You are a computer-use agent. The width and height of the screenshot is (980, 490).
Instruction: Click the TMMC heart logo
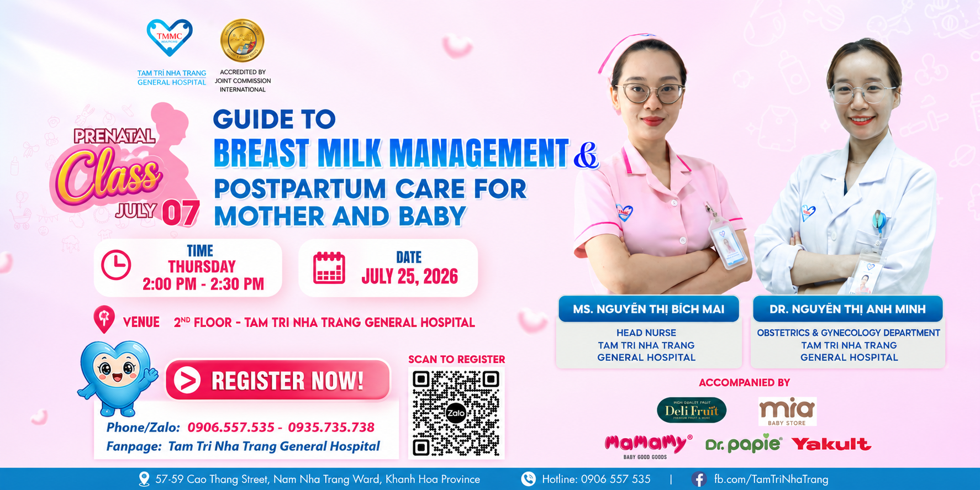[x=170, y=38]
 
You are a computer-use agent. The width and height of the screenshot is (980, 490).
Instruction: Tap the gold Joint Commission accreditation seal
[x=242, y=40]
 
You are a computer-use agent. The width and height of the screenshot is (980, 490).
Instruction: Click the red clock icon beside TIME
[x=116, y=265]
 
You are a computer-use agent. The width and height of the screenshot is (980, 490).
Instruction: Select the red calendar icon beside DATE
[x=329, y=268]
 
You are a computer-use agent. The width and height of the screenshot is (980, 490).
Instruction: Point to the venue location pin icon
[x=104, y=319]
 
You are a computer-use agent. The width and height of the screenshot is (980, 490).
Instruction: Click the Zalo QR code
[x=456, y=413]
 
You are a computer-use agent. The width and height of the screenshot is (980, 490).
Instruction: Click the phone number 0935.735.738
[x=331, y=427]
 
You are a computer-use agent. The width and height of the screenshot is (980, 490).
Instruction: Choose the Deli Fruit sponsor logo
[x=692, y=410]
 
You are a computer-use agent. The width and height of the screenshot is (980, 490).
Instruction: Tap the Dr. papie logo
[x=744, y=444]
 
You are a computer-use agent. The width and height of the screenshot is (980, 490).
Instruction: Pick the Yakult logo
[x=831, y=444]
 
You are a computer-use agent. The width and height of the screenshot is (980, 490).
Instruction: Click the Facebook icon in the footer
[x=698, y=479]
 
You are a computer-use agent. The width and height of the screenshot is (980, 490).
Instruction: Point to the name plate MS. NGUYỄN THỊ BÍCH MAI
[x=649, y=309]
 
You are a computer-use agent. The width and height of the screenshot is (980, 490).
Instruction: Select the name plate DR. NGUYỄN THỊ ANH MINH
[x=847, y=309]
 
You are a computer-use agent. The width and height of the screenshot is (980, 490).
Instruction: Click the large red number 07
[x=180, y=214]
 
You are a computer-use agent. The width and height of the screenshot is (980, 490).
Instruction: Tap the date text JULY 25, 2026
[x=409, y=276]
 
